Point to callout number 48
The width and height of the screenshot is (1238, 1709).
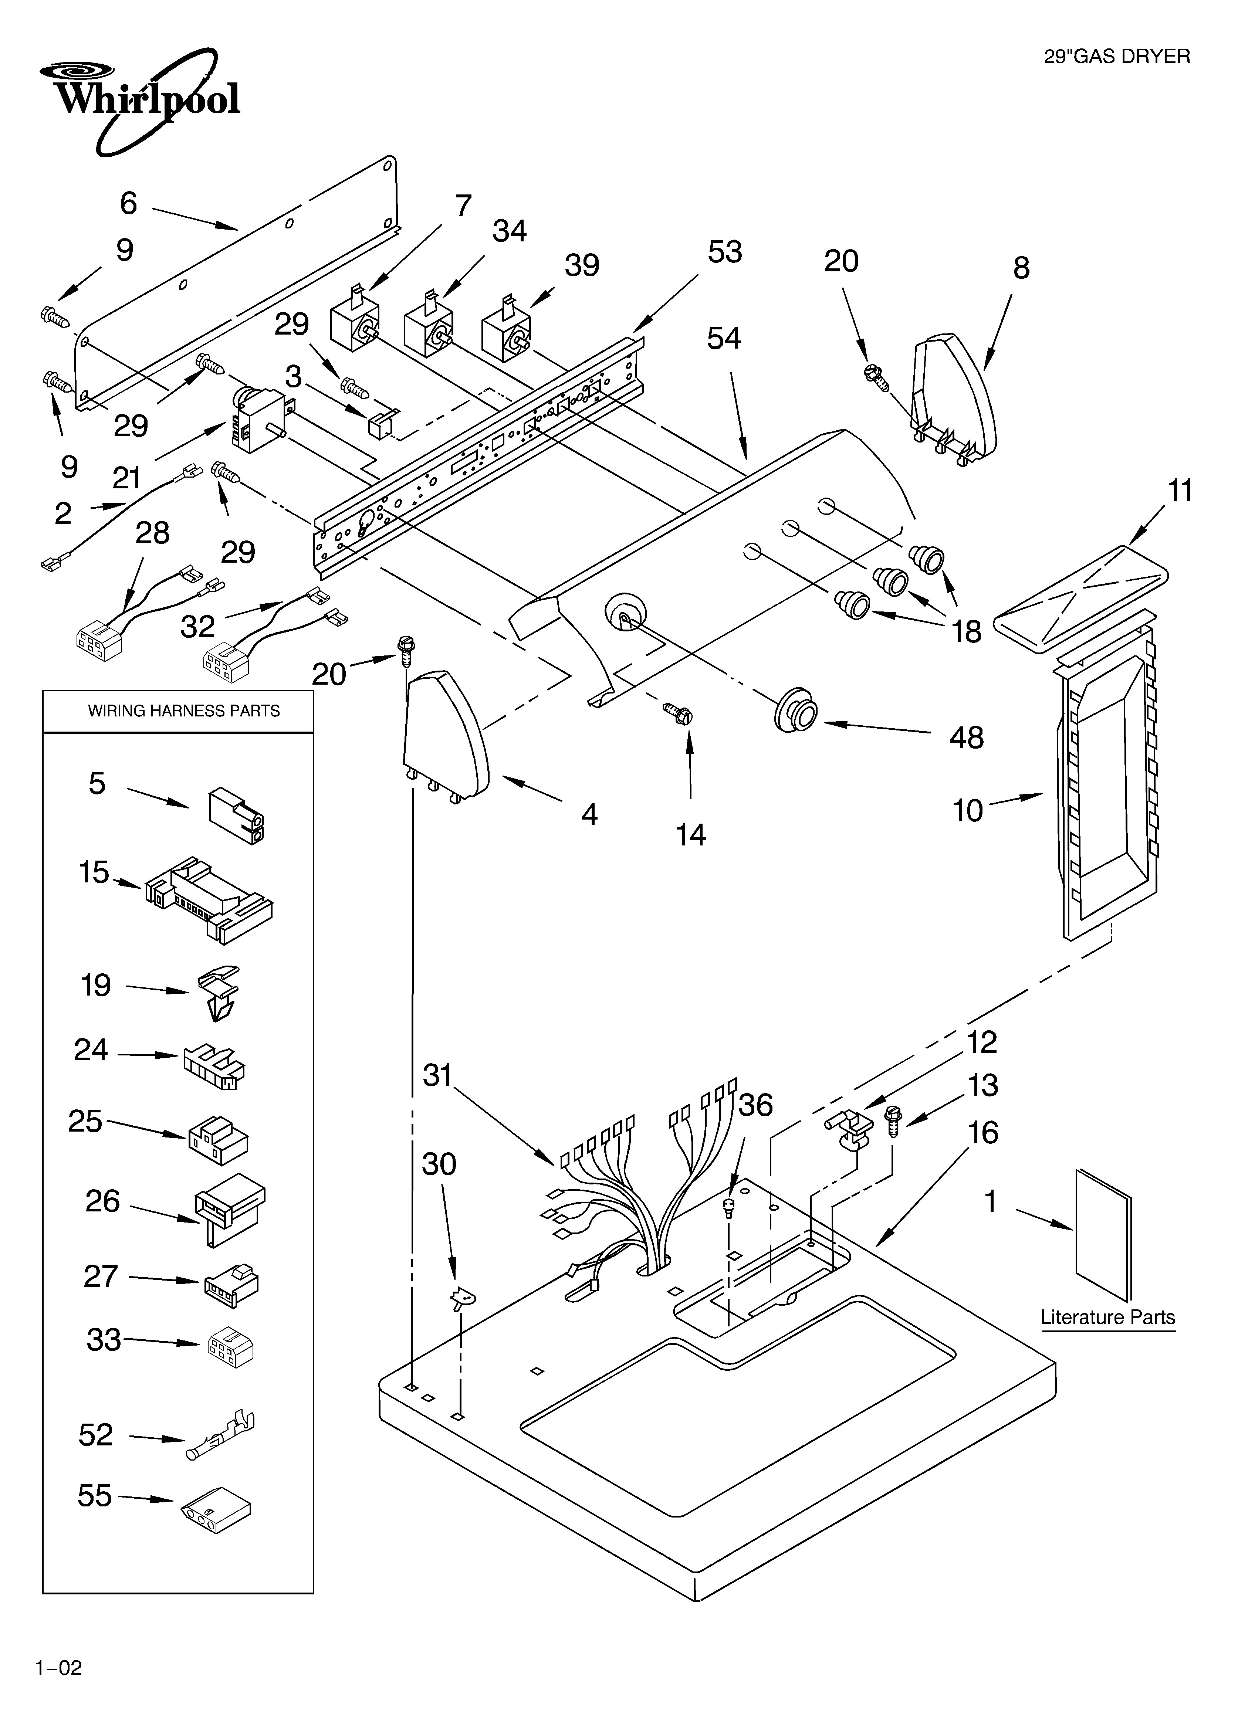[966, 738]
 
